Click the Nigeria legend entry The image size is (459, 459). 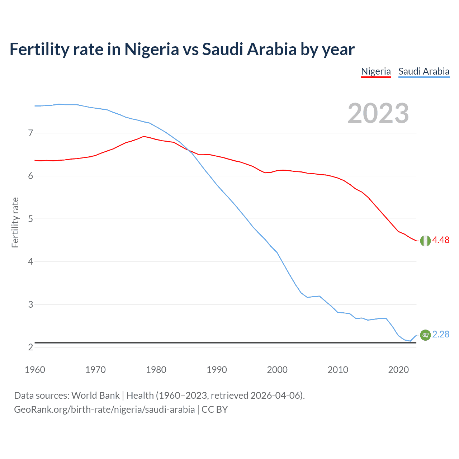click(376, 71)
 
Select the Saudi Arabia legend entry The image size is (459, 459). click(424, 71)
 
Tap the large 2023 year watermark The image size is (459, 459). click(378, 113)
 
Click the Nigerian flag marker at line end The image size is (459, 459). click(425, 241)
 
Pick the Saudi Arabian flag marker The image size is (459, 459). click(425, 335)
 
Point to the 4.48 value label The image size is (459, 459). click(441, 240)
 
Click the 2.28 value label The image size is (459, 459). click(441, 334)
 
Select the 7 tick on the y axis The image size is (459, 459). click(30, 133)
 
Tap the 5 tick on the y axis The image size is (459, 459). click(30, 219)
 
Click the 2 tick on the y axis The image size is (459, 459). click(30, 347)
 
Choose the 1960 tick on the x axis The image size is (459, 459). click(35, 370)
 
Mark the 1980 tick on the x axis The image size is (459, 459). click(156, 370)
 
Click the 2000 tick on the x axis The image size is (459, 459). click(277, 370)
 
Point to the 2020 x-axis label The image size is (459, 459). click(398, 370)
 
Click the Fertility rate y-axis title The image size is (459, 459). click(15, 222)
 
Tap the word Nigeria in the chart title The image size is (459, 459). click(151, 49)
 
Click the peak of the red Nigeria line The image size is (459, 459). click(144, 136)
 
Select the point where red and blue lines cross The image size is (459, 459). click(189, 151)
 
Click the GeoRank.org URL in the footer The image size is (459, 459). click(104, 410)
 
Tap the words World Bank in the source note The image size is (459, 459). click(95, 396)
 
